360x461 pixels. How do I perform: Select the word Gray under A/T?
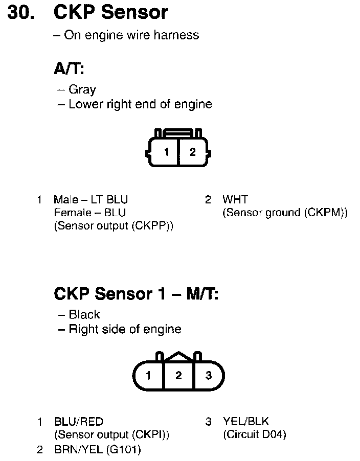[82, 89]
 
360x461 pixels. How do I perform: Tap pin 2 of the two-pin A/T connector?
[192, 152]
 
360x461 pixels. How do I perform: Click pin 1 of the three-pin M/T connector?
[148, 376]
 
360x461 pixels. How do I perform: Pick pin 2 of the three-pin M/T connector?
[178, 376]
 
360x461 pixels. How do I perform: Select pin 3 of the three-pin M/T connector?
[208, 376]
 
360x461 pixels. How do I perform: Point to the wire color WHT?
[235, 199]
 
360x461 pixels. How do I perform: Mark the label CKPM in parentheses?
[325, 213]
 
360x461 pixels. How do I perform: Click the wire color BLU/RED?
[78, 422]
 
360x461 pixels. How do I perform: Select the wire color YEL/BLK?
[245, 422]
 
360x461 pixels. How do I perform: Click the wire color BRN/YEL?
[78, 449]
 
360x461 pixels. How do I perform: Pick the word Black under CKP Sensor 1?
[84, 314]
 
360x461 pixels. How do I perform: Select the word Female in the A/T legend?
[71, 213]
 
